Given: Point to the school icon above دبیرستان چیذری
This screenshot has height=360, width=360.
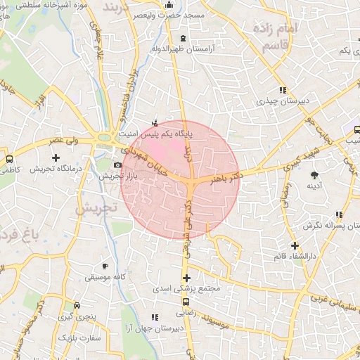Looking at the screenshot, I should [283, 90].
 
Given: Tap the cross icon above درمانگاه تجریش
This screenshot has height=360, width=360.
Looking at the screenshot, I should [56, 158].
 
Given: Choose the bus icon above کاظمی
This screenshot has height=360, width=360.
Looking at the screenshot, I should [9, 159].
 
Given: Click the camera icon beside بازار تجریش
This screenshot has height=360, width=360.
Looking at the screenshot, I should [118, 166].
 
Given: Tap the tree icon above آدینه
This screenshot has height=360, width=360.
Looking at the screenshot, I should [314, 174].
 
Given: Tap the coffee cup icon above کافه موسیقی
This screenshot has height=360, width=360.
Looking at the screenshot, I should [105, 266].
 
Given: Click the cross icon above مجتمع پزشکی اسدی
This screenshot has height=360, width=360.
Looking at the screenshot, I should [186, 278].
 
